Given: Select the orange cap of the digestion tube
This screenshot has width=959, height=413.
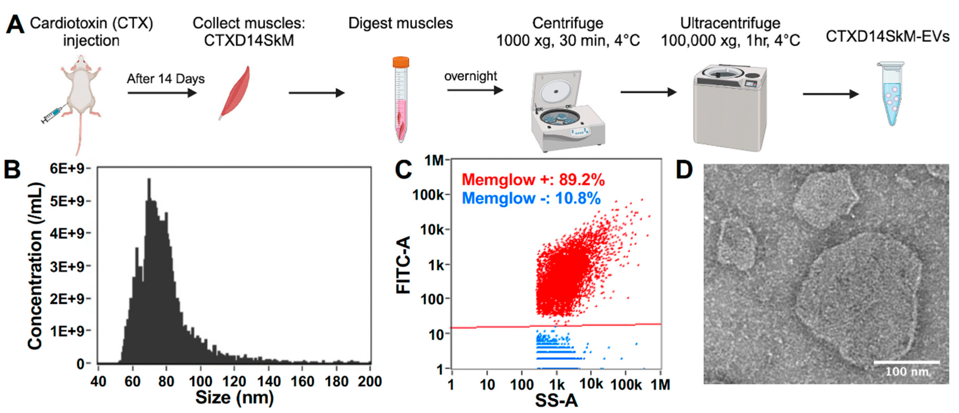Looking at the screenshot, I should point(401,62).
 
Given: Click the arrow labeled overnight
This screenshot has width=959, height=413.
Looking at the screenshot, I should point(474,90).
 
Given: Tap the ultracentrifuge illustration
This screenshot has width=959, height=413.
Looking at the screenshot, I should point(730,108).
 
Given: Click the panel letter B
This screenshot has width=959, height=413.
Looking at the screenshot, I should point(12,170).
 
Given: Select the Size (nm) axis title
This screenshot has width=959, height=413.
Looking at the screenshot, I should point(234,398).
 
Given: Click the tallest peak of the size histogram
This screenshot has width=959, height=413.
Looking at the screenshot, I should point(149,181).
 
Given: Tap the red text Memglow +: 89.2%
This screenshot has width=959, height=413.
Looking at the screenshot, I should point(533,180).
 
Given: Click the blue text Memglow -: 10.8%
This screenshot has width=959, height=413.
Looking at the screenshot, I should point(531,198).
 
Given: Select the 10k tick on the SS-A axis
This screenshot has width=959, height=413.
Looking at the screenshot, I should point(591,384).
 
